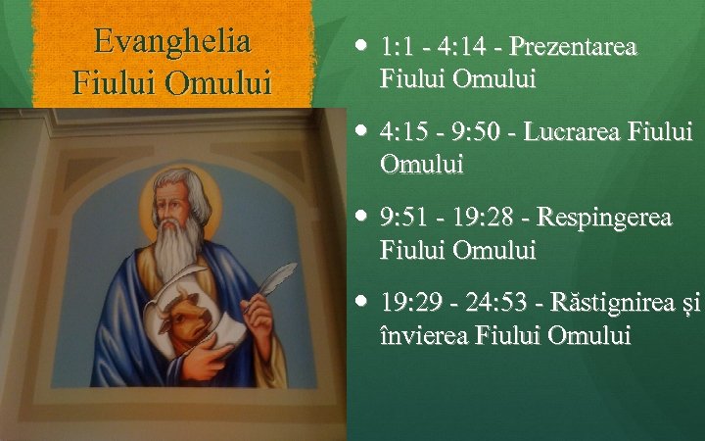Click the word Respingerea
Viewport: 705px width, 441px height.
click(605, 217)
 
